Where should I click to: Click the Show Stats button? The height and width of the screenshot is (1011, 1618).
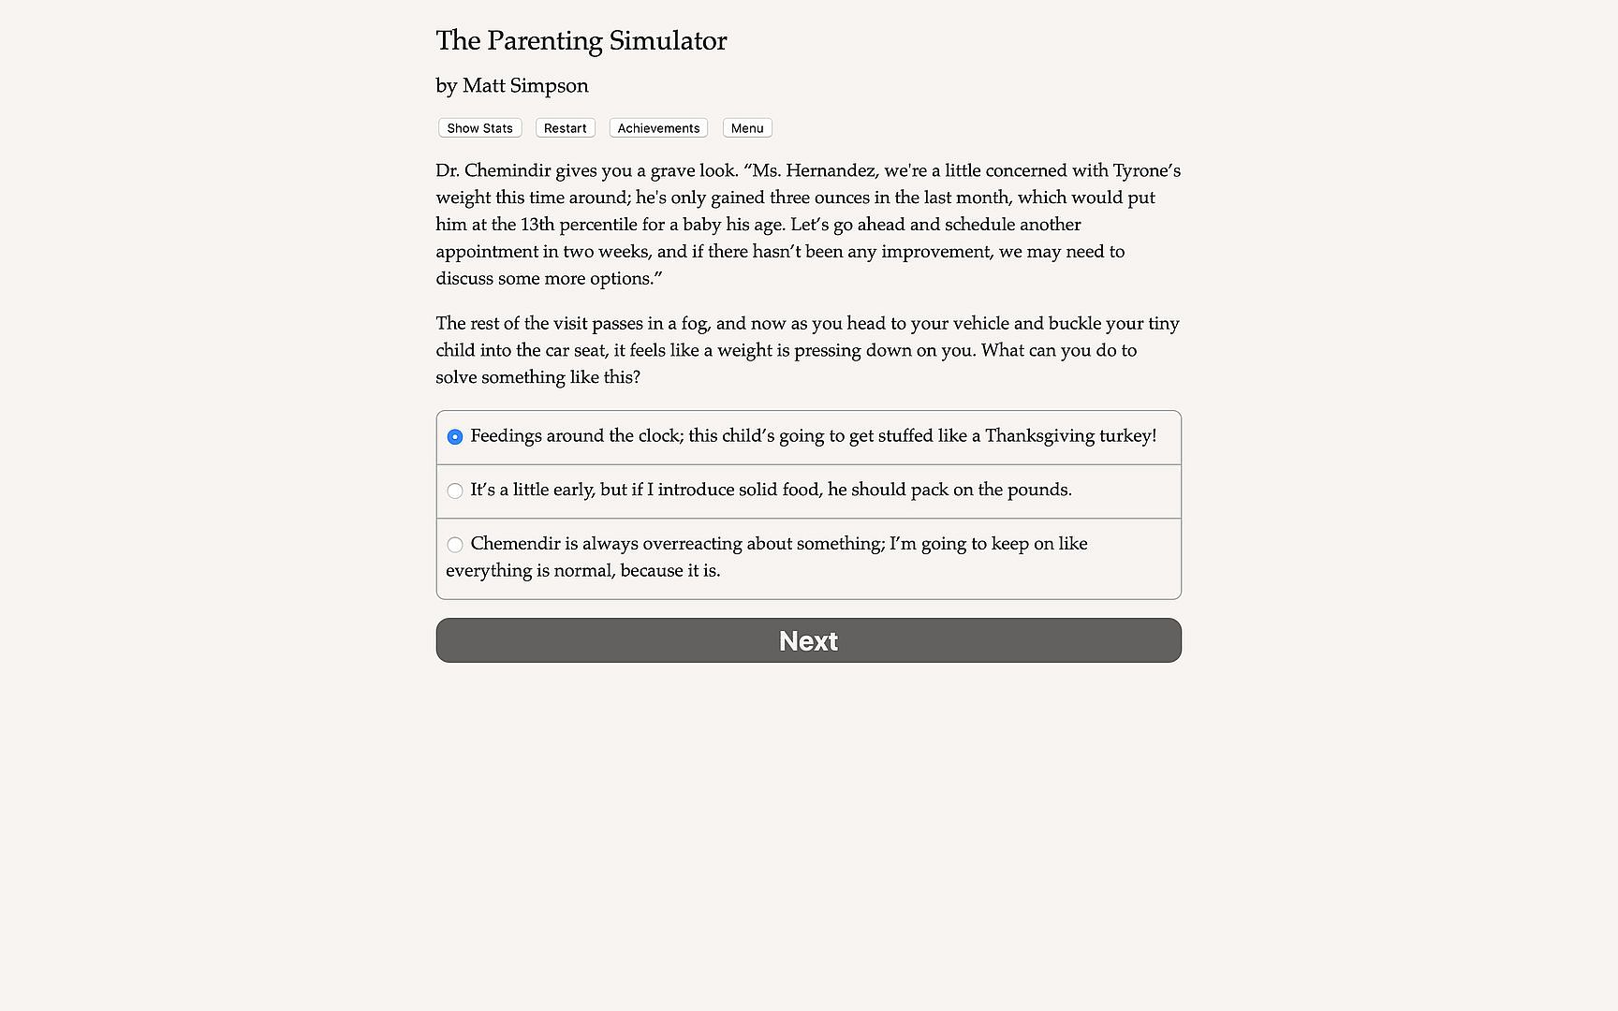click(479, 128)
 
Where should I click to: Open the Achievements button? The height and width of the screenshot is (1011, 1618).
click(658, 128)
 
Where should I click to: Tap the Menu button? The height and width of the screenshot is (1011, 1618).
click(747, 128)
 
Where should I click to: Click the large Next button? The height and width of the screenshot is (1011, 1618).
click(808, 640)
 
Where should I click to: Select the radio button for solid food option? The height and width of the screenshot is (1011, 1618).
click(455, 491)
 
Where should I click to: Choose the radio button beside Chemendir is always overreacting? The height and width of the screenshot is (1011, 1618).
click(455, 545)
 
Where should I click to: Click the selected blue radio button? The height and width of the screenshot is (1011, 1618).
click(455, 437)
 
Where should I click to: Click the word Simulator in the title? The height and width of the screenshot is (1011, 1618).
click(668, 41)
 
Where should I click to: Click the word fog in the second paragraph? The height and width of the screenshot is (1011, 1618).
click(694, 324)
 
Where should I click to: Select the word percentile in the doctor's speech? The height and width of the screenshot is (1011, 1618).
click(597, 225)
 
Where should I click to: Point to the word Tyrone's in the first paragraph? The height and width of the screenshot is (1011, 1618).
click(1146, 171)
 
